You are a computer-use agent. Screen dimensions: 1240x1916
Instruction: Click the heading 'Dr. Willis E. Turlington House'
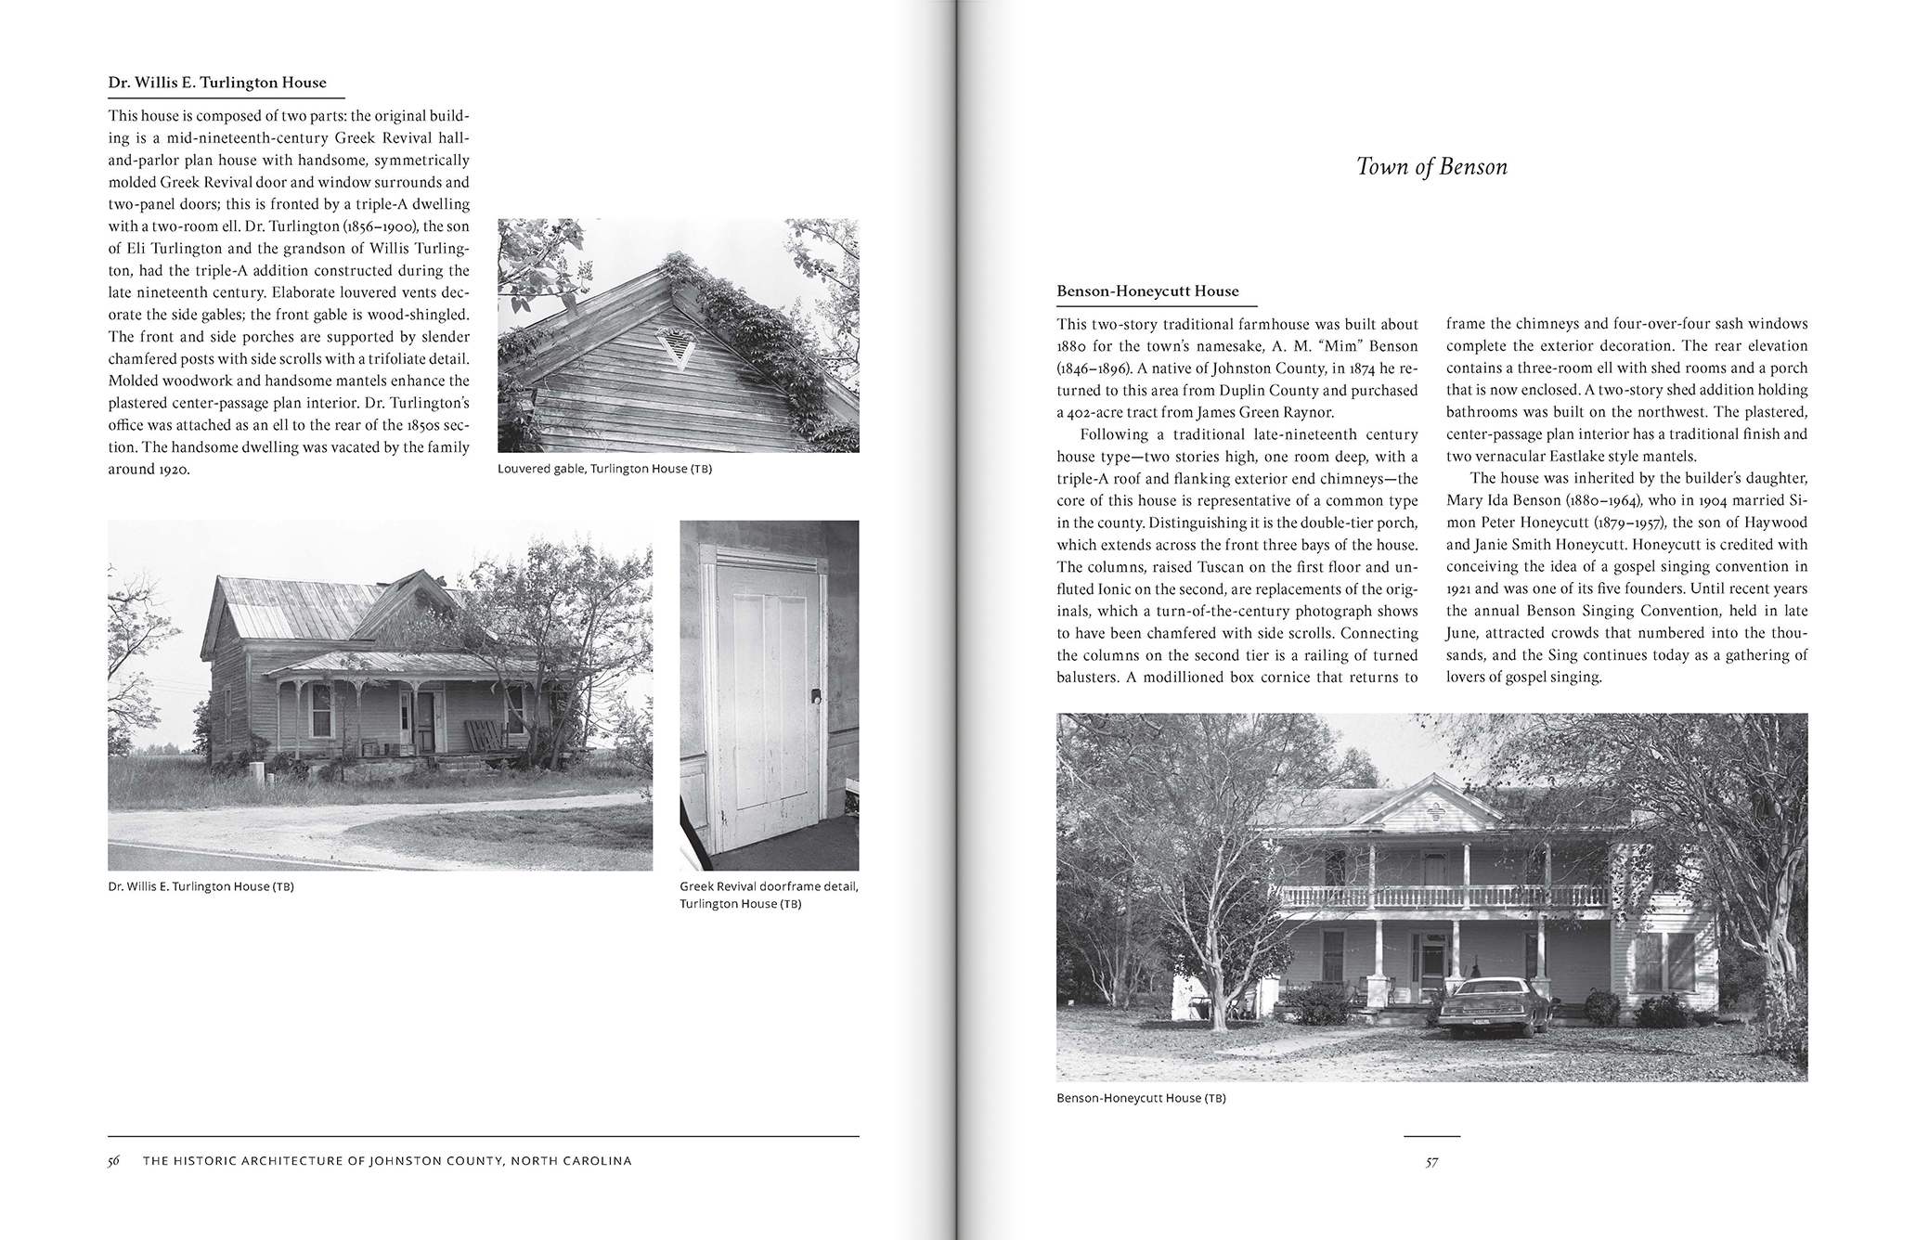(217, 83)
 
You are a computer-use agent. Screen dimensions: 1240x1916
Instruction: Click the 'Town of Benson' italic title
(1431, 167)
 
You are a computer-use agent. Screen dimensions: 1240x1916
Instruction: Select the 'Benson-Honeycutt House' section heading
(1147, 291)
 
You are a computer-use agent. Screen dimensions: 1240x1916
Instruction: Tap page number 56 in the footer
(114, 1161)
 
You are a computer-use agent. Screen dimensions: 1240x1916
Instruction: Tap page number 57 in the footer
(1431, 1161)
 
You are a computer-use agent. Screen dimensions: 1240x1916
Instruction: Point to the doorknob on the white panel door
(814, 694)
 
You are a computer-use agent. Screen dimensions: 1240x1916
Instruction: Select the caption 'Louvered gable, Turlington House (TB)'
(604, 470)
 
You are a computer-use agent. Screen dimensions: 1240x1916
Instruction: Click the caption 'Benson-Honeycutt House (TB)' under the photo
(1141, 1099)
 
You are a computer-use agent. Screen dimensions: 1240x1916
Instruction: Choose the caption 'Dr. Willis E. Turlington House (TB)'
(201, 887)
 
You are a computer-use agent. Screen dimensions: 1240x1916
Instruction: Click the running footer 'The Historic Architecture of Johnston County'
(387, 1161)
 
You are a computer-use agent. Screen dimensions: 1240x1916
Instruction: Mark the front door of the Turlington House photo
(424, 725)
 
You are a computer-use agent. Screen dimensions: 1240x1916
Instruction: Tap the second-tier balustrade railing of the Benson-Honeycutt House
(1443, 897)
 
